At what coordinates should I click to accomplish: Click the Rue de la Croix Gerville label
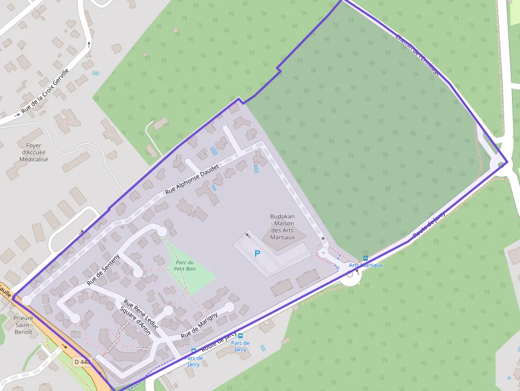[x=46, y=92]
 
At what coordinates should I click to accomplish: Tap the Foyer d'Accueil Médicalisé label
[x=33, y=152]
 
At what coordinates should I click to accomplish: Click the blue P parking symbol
[x=257, y=254]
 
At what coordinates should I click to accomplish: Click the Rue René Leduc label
[x=141, y=310]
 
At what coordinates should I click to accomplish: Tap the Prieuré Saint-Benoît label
[x=23, y=325]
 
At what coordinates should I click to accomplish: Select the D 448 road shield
[x=83, y=362]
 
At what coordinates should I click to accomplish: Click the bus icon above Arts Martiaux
[x=365, y=258]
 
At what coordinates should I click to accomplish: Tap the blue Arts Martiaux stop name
[x=366, y=265]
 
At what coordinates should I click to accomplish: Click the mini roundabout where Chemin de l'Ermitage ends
[x=502, y=164]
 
